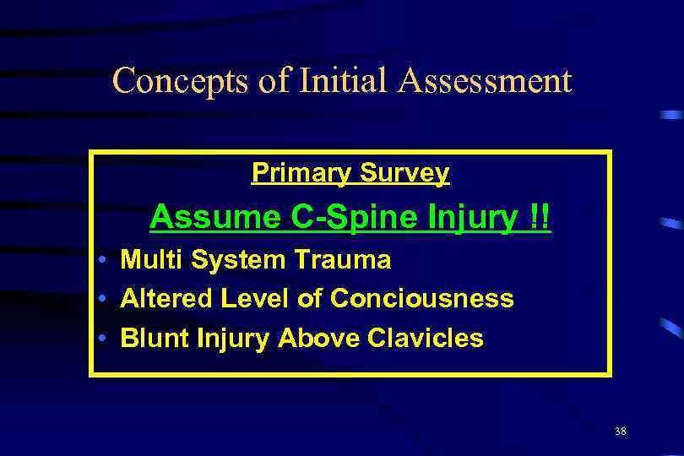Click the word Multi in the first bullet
[x=145, y=259]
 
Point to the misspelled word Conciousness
[x=421, y=299]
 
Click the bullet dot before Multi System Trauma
[x=100, y=260]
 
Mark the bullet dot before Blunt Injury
[x=100, y=339]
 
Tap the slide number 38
[x=621, y=432]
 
